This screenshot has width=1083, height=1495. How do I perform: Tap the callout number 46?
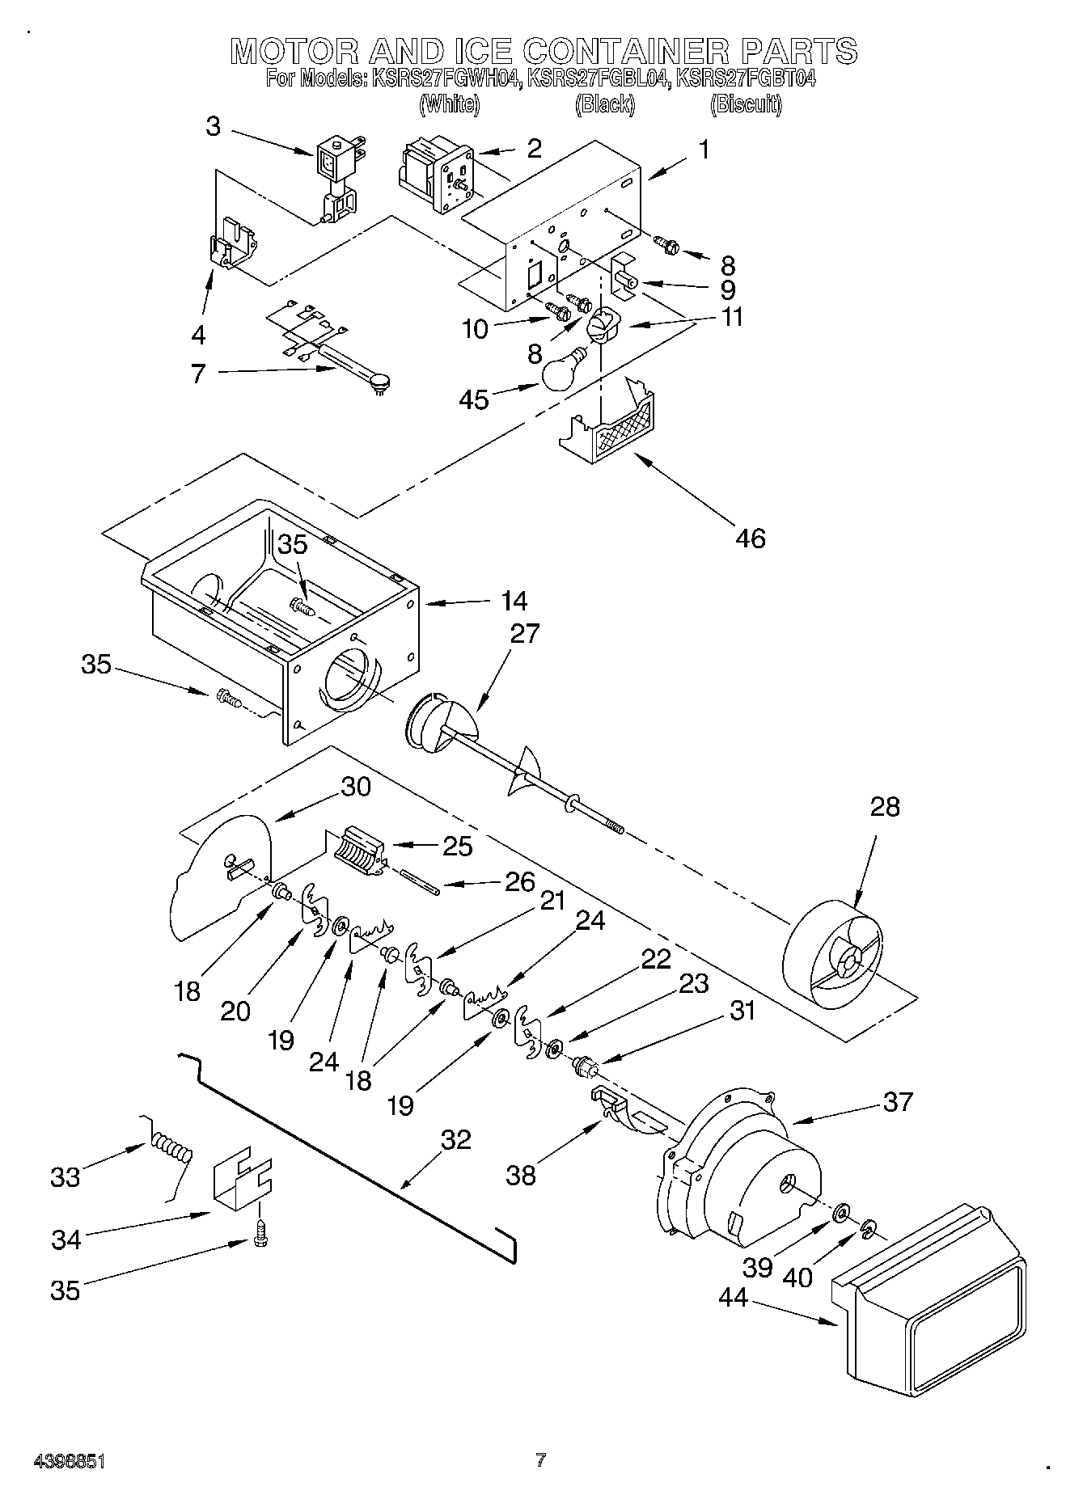pyautogui.click(x=750, y=538)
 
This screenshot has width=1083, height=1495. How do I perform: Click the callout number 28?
pyautogui.click(x=884, y=806)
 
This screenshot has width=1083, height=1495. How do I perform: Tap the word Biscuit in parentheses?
pyautogui.click(x=746, y=104)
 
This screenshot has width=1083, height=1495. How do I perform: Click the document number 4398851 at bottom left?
pyautogui.click(x=69, y=1461)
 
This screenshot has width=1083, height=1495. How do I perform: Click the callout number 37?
pyautogui.click(x=897, y=1101)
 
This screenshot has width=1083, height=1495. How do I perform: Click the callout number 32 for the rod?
pyautogui.click(x=455, y=1139)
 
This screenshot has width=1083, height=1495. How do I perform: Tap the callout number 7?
pyautogui.click(x=198, y=374)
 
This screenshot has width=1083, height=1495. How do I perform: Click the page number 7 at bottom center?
pyautogui.click(x=540, y=1460)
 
